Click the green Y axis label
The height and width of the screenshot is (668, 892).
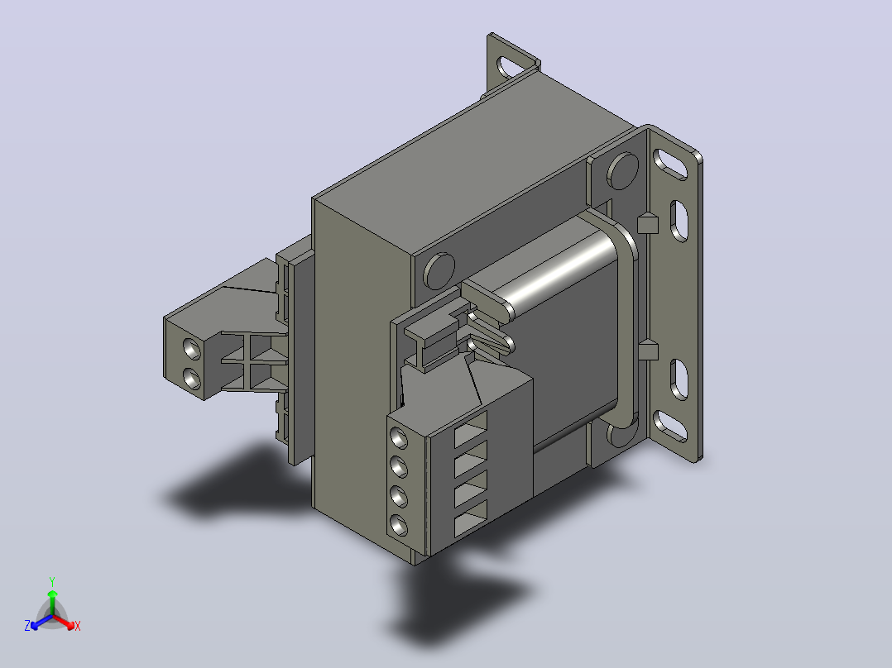pyautogui.click(x=52, y=581)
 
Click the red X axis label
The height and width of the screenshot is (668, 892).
pyautogui.click(x=78, y=626)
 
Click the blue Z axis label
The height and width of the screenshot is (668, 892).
pyautogui.click(x=27, y=626)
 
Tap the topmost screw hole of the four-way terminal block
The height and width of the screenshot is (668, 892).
pyautogui.click(x=399, y=439)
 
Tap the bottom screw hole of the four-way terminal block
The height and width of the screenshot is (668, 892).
pyautogui.click(x=399, y=525)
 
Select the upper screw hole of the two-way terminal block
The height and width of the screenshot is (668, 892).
pyautogui.click(x=192, y=349)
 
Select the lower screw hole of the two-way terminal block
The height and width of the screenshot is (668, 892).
pyautogui.click(x=192, y=378)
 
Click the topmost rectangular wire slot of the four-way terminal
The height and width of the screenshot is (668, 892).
pyautogui.click(x=471, y=431)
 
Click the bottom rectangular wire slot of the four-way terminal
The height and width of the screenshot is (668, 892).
pyautogui.click(x=471, y=519)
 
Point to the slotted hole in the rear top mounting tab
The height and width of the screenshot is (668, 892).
pyautogui.click(x=511, y=67)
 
